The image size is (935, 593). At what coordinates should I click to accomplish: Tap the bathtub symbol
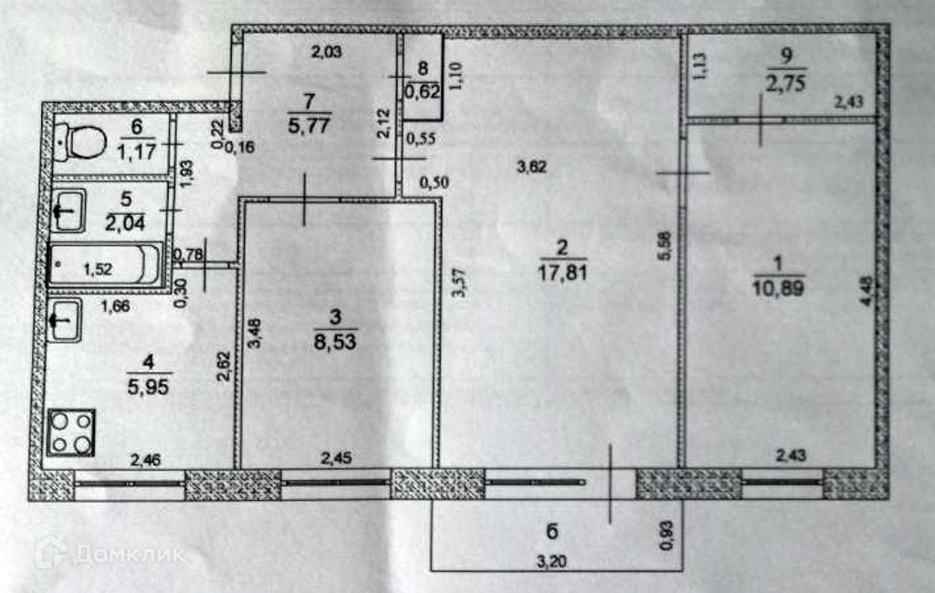click(105, 267)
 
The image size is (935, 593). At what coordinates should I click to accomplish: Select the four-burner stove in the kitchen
click(72, 432)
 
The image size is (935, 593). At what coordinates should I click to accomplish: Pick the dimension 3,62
click(531, 167)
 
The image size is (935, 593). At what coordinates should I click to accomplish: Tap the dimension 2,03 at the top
click(326, 52)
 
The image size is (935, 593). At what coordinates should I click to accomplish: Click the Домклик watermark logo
click(110, 552)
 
